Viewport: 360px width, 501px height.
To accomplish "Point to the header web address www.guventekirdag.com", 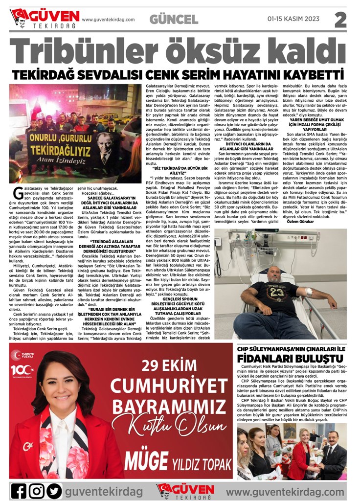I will point(108,20).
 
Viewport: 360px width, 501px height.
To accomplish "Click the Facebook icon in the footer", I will point(19,490).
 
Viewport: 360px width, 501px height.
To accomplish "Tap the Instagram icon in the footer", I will point(36,490).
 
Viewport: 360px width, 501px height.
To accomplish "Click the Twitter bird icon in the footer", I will point(54,490).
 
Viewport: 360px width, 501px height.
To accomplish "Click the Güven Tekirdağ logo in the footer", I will point(179,490).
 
